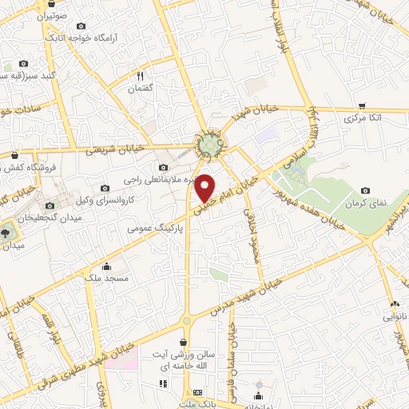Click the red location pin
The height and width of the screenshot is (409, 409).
click(x=205, y=188)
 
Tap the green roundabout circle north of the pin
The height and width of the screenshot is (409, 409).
click(x=210, y=145)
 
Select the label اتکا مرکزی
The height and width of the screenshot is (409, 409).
click(x=362, y=117)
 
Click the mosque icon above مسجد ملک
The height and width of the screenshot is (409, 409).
click(x=107, y=266)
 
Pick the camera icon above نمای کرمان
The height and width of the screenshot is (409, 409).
click(x=365, y=191)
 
